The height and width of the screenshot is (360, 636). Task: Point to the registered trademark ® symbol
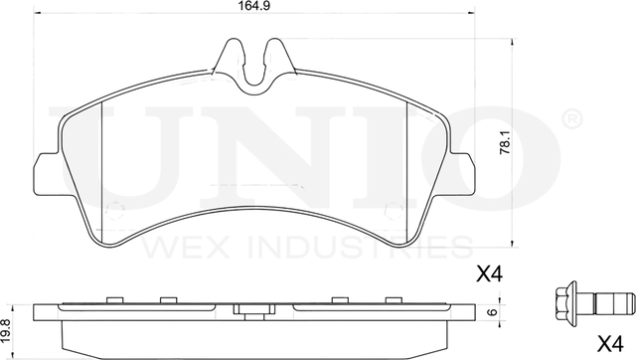click(x=572, y=119)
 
